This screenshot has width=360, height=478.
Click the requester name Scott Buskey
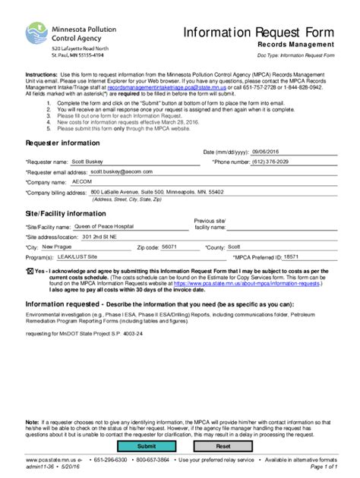pos(85,161)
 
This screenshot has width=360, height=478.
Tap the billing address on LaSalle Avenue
pos(156,193)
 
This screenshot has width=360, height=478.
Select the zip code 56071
pos(169,247)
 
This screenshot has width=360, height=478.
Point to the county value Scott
pos(234,247)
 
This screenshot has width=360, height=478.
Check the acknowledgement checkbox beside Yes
pos(30,270)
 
